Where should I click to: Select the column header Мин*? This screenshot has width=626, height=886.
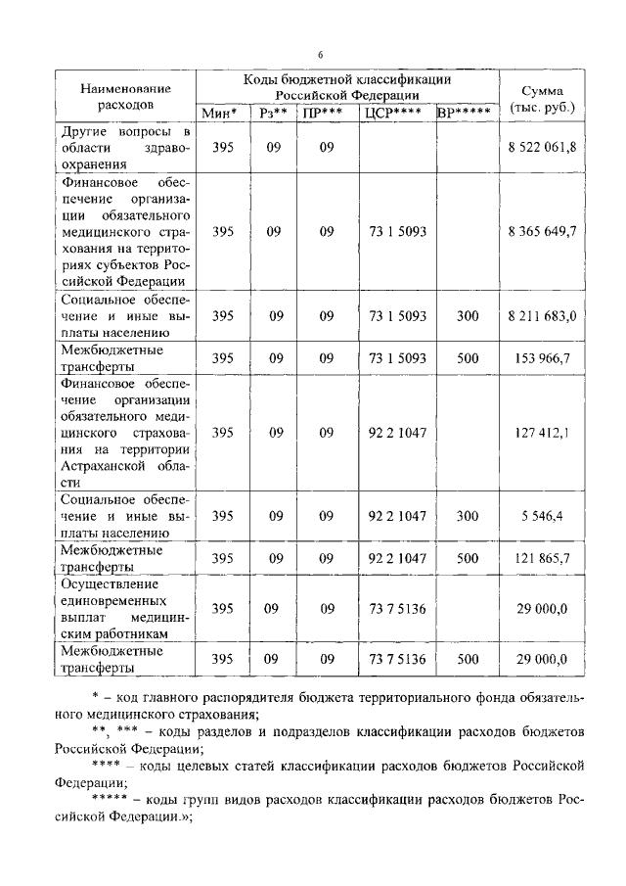point(221,114)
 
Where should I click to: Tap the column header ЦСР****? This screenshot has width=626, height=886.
point(395,114)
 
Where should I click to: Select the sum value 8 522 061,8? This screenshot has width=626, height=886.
point(542,146)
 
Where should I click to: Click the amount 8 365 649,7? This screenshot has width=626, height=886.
point(542,231)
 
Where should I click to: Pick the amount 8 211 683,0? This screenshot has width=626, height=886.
point(542,315)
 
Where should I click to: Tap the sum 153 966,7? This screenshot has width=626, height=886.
point(542,358)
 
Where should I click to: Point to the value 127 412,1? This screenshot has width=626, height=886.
point(542,432)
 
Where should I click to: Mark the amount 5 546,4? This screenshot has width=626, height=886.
point(542,515)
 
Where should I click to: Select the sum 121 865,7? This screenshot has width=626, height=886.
point(542,558)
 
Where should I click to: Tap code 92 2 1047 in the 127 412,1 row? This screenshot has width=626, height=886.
point(396,432)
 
